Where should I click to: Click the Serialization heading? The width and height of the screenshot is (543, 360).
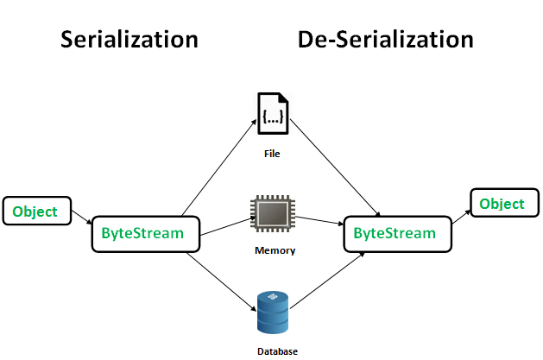tap(129, 39)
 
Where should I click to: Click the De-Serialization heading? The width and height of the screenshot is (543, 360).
tap(386, 39)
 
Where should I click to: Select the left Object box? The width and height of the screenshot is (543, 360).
tap(35, 212)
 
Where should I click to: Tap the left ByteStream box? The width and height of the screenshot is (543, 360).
tap(144, 233)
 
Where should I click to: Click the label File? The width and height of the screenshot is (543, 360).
tap(274, 155)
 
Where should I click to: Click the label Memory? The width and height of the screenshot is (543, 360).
tap(275, 251)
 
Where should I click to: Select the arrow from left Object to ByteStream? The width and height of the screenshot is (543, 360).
tap(79, 219)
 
